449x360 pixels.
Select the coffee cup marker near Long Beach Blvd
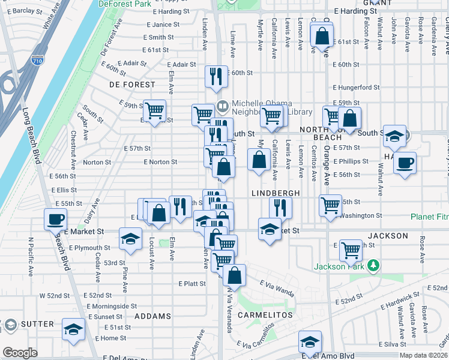click(56, 219)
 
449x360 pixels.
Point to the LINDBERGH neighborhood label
click(275, 193)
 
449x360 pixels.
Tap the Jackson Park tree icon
click(373, 265)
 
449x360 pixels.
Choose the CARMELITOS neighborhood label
click(265, 315)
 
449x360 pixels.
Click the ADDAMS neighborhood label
click(152, 316)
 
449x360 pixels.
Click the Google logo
click(20, 353)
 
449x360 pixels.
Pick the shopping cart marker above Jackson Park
click(351, 249)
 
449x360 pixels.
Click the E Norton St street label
click(160, 162)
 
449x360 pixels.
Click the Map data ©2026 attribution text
click(423, 355)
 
